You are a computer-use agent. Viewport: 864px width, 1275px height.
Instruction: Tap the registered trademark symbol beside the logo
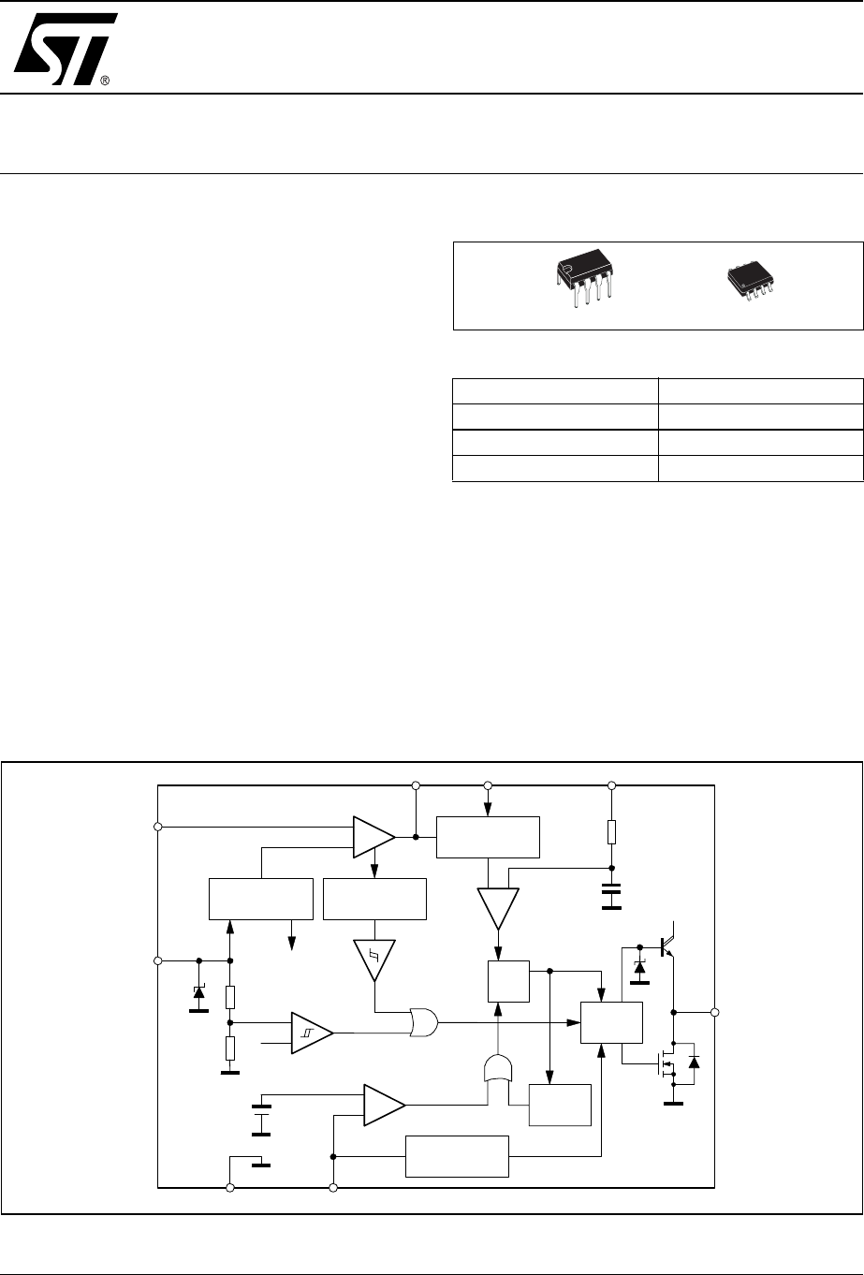[x=105, y=81]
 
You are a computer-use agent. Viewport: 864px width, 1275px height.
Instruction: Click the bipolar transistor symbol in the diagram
[x=664, y=945]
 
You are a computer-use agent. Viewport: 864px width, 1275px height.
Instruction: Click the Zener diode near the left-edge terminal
[x=198, y=992]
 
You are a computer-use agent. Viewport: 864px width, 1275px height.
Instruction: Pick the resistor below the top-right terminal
[x=611, y=832]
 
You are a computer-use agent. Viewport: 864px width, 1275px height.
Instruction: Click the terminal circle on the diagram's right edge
[x=714, y=1012]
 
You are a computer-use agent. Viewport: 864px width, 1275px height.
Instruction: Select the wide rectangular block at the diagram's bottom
[x=456, y=1157]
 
